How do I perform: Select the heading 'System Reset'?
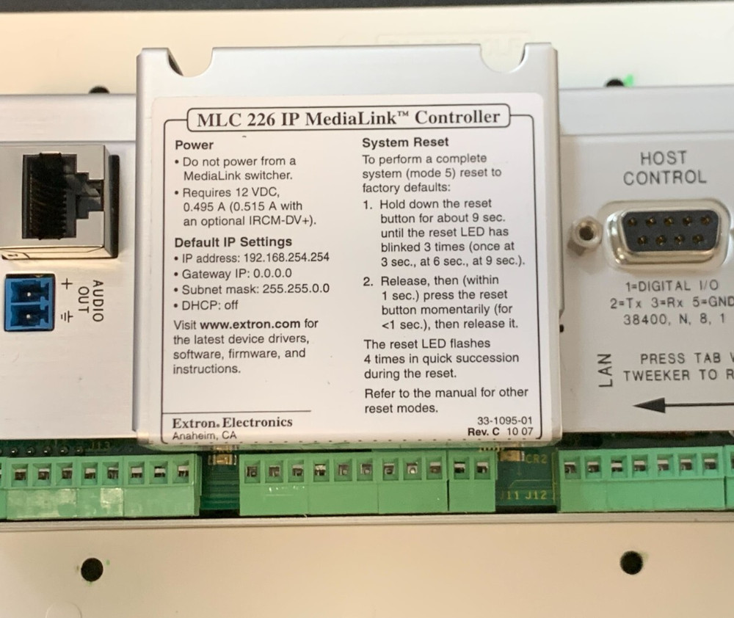(405, 142)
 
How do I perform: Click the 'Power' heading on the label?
(195, 145)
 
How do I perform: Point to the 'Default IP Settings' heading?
(233, 241)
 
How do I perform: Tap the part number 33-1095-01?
(504, 421)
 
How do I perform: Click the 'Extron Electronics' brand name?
(232, 422)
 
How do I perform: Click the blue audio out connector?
(29, 302)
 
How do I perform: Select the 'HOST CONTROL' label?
(664, 167)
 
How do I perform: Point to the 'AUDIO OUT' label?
(90, 302)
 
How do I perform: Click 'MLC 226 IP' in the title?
(235, 118)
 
